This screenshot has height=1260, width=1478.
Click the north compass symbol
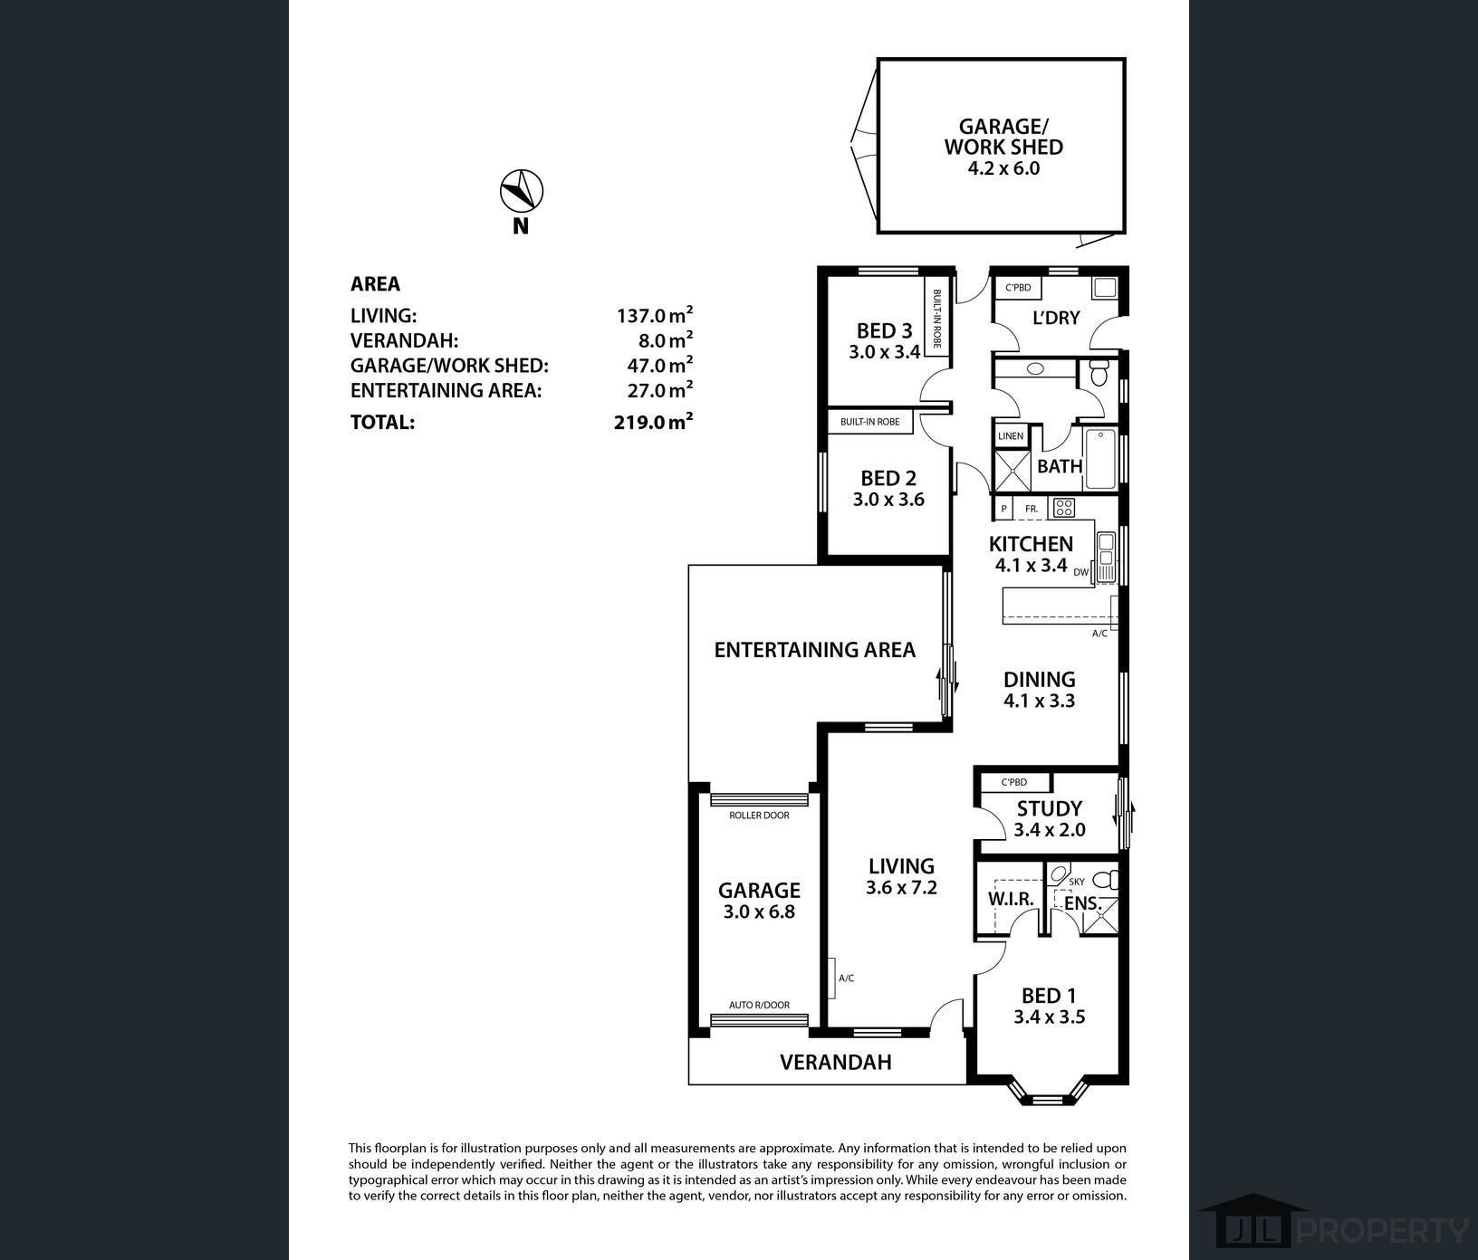[x=522, y=192]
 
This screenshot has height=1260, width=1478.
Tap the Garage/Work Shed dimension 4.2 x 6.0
[x=1003, y=168]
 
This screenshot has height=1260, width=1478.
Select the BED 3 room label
[x=885, y=330]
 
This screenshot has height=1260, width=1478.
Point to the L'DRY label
[x=1056, y=318]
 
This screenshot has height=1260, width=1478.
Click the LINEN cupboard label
[x=1011, y=436]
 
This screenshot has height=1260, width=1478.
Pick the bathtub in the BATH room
[x=1100, y=460]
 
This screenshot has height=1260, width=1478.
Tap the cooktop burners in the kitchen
[x=1063, y=508]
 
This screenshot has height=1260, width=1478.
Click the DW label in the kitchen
[x=1081, y=572]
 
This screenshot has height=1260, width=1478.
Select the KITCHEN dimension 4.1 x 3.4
[x=1031, y=566]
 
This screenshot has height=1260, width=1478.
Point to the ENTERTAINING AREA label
[x=815, y=650]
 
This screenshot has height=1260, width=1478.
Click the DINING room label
[x=1040, y=679]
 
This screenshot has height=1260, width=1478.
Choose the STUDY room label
[x=1050, y=808]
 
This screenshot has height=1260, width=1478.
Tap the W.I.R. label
[x=1011, y=899]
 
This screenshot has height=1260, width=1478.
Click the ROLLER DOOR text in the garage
[x=759, y=816]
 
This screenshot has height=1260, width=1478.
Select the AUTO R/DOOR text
[x=760, y=1005]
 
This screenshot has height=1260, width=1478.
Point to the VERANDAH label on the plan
[x=836, y=1062]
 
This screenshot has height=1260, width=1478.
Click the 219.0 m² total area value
[x=654, y=421]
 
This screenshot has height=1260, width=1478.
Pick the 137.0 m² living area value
[x=655, y=314]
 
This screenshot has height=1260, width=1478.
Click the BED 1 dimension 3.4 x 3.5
[x=1049, y=1017]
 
